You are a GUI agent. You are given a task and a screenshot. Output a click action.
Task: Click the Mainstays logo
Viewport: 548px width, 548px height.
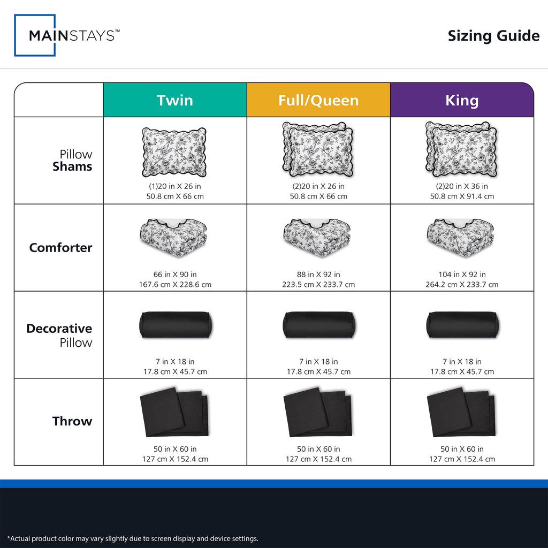67,35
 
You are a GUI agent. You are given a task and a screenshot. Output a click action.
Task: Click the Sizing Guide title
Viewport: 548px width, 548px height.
493,36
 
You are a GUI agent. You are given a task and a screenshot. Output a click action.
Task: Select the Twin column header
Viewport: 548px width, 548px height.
175,100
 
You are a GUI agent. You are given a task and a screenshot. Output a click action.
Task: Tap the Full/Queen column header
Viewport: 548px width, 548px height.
318,100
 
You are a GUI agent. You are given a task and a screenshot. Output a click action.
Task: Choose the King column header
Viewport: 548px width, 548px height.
462,100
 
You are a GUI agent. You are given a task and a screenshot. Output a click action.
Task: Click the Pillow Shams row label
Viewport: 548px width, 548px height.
72,161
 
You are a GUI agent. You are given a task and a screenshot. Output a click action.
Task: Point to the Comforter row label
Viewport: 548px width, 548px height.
61,247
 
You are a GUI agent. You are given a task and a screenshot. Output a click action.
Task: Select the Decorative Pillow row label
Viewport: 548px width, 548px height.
59,335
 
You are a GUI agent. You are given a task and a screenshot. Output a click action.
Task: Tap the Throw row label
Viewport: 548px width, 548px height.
72,421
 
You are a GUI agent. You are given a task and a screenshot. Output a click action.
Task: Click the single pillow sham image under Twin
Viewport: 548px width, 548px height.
174,152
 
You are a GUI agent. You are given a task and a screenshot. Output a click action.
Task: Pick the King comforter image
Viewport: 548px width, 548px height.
461,238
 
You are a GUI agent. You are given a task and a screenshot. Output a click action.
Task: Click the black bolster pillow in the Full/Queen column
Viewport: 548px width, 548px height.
319,325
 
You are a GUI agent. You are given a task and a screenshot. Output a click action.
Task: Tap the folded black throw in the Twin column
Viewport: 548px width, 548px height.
174,412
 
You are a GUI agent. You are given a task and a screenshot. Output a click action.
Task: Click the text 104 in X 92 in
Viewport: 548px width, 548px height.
462,275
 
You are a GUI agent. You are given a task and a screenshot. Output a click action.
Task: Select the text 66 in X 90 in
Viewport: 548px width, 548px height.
175,275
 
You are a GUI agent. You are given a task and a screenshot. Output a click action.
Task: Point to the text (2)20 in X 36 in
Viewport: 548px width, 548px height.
462,186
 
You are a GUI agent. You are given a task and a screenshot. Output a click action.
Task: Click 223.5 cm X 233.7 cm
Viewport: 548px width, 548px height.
318,285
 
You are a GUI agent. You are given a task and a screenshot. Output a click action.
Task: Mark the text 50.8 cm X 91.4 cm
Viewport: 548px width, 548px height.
462,196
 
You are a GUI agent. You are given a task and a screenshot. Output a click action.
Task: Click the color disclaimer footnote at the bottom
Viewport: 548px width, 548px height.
133,538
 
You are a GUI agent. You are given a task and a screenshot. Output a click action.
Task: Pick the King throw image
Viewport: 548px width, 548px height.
461,412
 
